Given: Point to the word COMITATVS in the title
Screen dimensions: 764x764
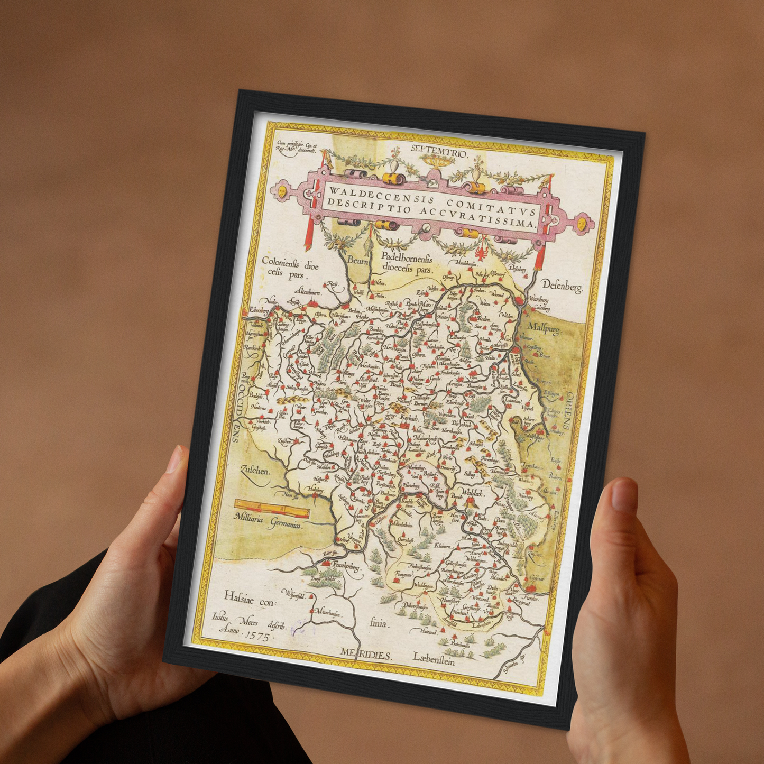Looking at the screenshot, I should click(x=491, y=206).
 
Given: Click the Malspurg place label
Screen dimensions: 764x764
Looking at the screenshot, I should click(x=545, y=329).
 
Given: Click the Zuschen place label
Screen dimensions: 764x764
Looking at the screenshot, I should click(x=255, y=470).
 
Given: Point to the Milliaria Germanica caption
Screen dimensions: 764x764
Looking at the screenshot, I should click(x=268, y=521).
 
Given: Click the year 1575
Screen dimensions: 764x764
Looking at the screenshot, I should click(x=254, y=635).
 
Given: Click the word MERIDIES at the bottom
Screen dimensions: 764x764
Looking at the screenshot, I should click(x=366, y=655).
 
